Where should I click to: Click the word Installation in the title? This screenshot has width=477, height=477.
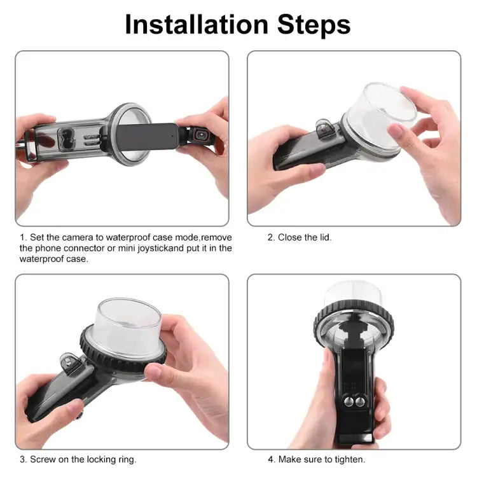(x=197, y=24)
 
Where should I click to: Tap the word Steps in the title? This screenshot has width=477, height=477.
(x=311, y=24)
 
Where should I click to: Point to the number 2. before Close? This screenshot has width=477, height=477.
(x=271, y=237)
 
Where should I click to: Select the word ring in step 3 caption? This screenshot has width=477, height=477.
(x=126, y=459)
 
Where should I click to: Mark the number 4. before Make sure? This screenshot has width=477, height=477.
(x=271, y=459)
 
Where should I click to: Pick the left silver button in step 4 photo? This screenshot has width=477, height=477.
(x=348, y=402)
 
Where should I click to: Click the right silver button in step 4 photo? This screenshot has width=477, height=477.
(x=360, y=402)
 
